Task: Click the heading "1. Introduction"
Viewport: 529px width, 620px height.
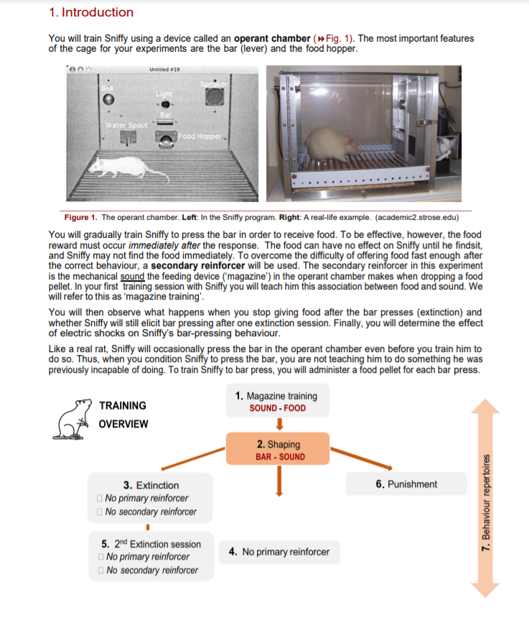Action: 90,12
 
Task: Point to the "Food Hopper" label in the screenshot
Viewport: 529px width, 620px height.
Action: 201,137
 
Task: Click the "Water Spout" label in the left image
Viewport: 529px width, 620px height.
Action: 126,125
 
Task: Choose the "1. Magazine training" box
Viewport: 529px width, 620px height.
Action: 277,402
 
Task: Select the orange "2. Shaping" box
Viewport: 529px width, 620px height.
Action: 277,450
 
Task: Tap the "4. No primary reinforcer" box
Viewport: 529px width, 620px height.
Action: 278,552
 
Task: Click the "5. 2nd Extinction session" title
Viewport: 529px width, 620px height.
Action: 151,544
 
